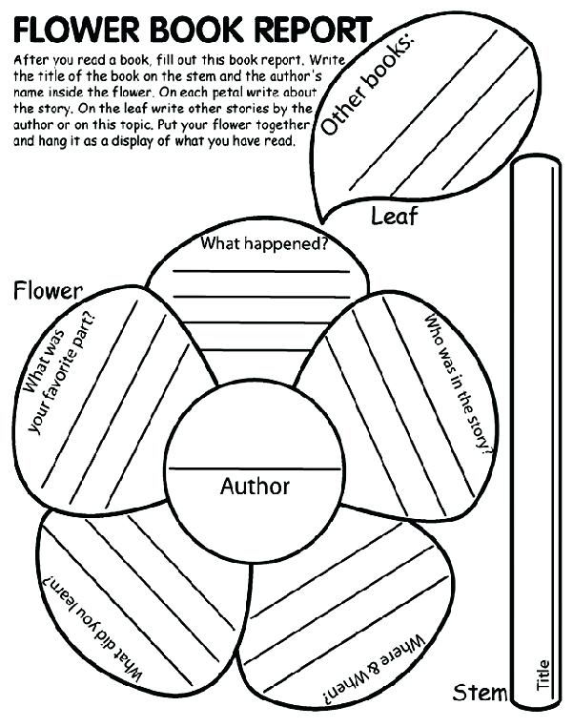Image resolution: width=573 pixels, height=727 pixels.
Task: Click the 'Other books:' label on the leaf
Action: point(367,86)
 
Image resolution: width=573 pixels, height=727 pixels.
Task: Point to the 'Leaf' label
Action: point(394,217)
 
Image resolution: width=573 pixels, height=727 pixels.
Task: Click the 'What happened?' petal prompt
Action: point(264,244)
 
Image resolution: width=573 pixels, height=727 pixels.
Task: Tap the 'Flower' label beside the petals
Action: point(48,290)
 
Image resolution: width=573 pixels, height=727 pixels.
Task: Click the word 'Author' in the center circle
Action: point(255,487)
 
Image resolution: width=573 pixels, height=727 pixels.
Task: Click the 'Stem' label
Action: point(480,692)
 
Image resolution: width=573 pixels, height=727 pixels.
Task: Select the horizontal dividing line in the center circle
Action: point(255,468)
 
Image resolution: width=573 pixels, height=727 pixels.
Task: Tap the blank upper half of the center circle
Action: point(255,429)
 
